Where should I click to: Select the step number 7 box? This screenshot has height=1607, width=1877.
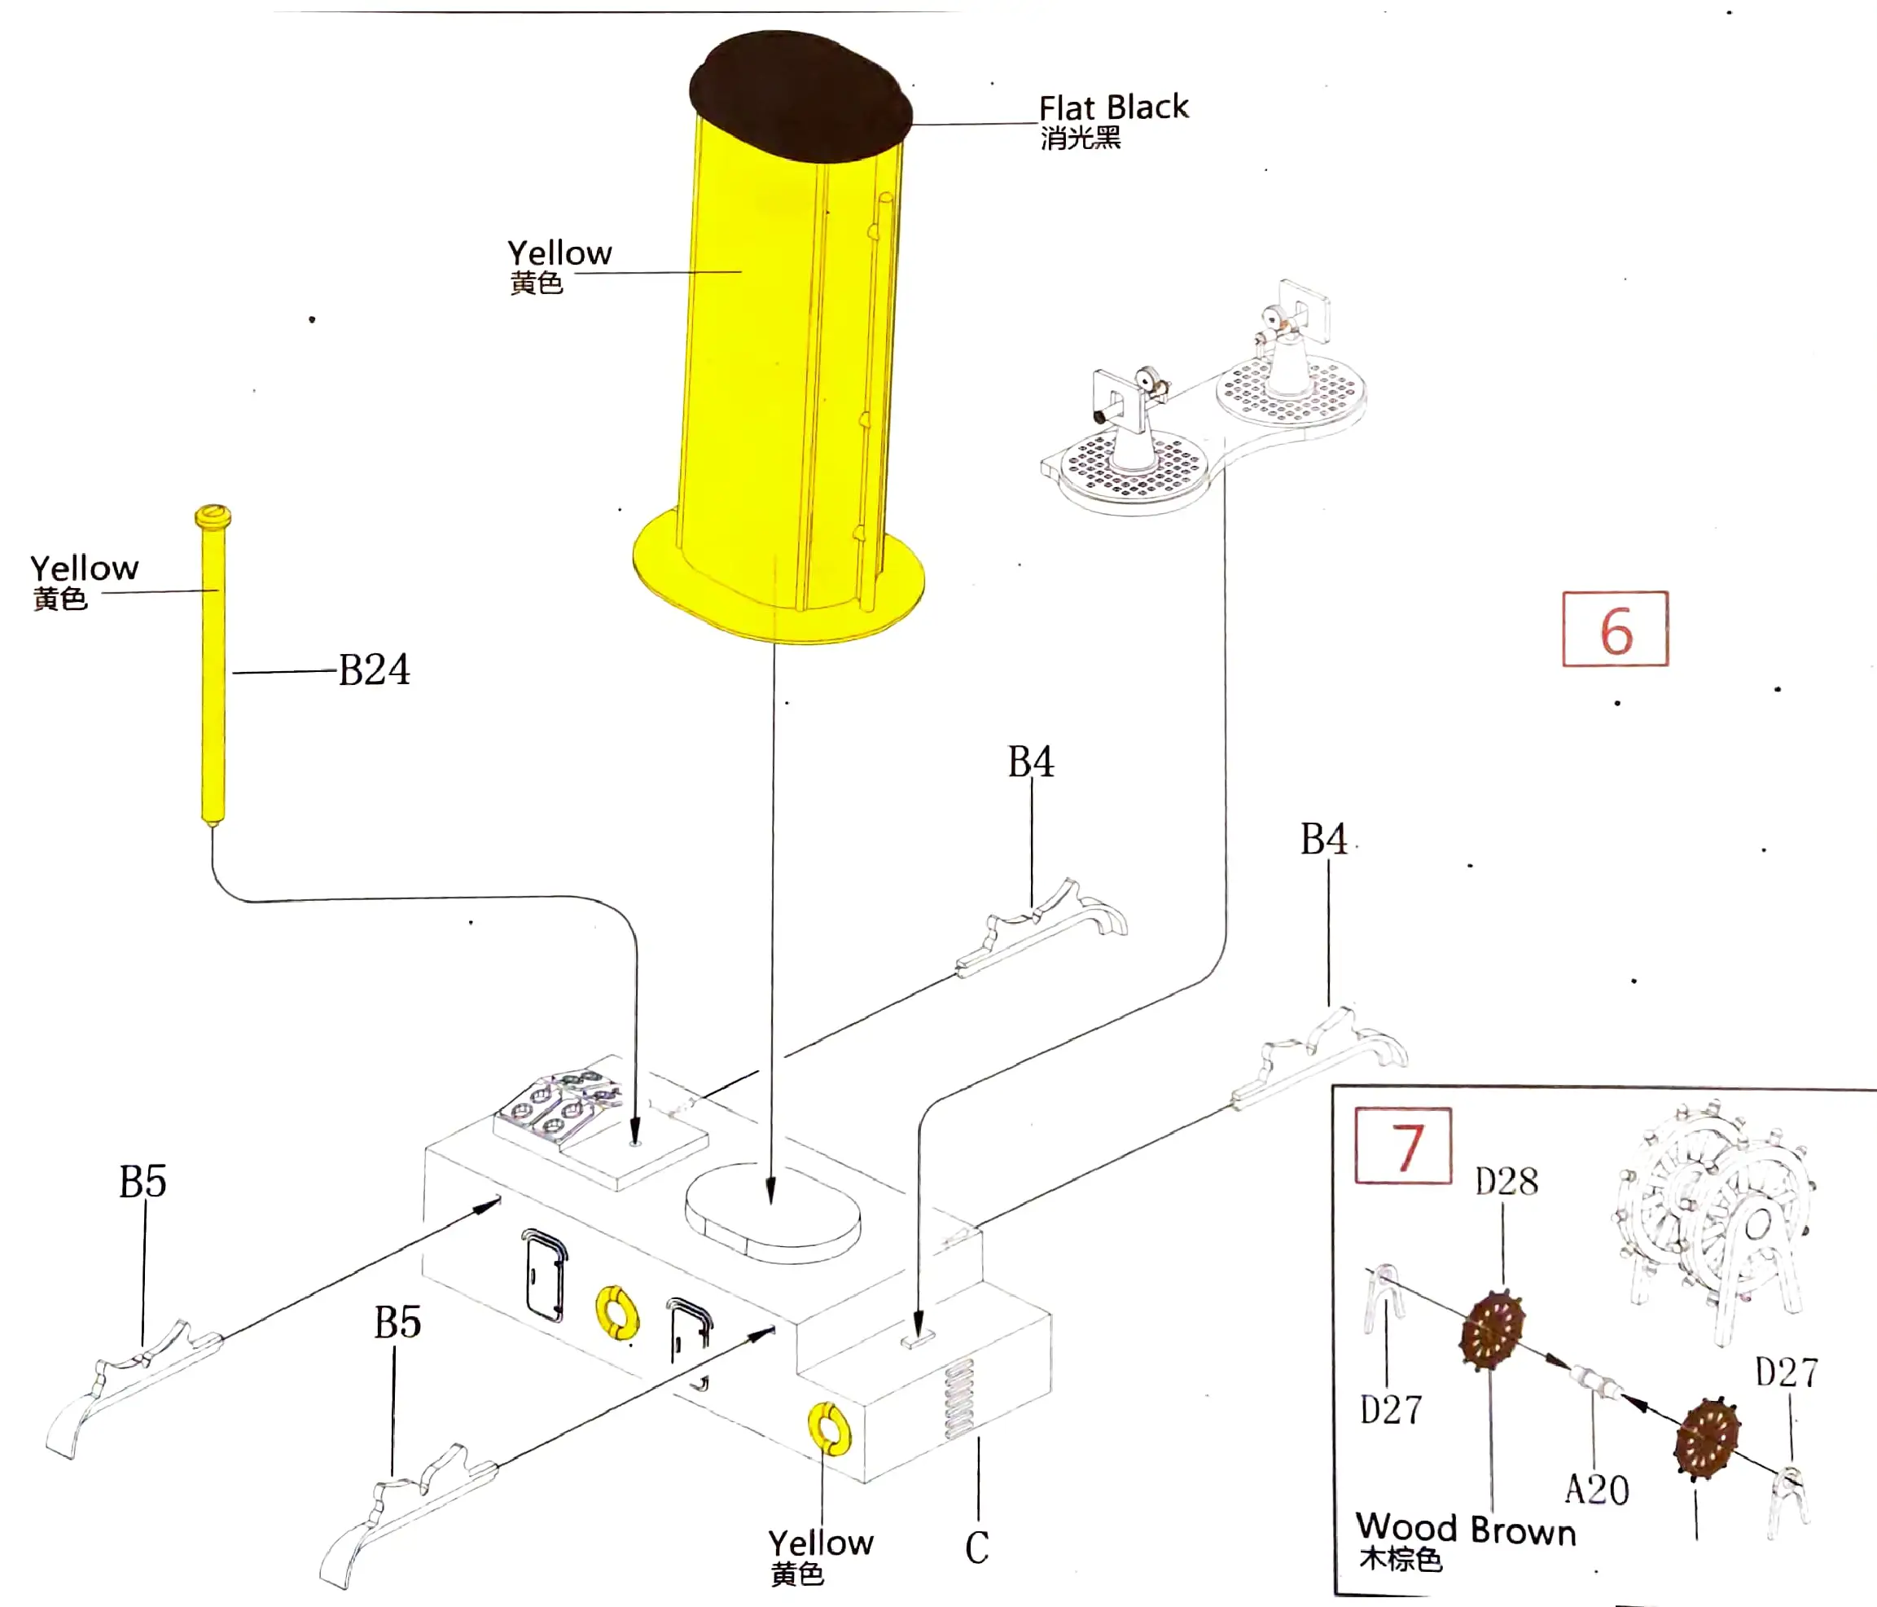click(x=1403, y=1146)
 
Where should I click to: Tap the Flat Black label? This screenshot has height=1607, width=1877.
click(x=1112, y=108)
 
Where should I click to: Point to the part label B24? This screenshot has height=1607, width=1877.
click(x=374, y=671)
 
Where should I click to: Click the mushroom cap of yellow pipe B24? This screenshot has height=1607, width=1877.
click(x=213, y=516)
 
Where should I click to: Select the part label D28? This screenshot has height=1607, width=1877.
click(x=1506, y=1182)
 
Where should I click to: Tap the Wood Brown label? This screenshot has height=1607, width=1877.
click(x=1466, y=1530)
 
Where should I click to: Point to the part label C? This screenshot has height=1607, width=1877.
click(x=976, y=1548)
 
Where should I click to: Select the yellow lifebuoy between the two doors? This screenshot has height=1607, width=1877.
click(x=617, y=1313)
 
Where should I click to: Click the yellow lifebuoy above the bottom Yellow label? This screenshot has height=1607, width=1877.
click(x=829, y=1428)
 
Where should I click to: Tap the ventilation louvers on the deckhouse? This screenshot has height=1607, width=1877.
click(x=959, y=1399)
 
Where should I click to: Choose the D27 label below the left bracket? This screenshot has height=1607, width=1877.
click(x=1391, y=1411)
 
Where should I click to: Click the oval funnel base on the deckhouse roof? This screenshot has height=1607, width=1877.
click(x=773, y=1214)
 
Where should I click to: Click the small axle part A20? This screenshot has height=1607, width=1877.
click(x=1594, y=1382)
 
